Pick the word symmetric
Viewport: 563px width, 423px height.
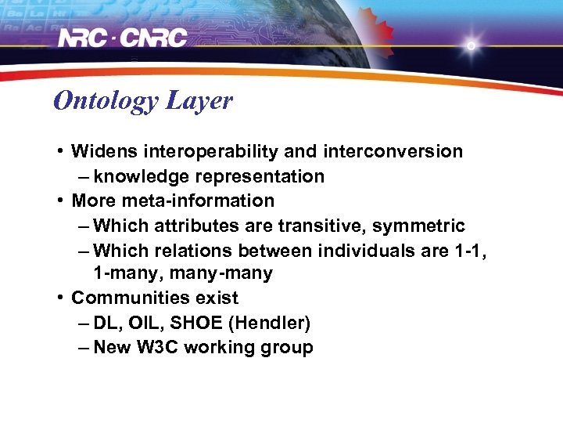[x=418, y=226]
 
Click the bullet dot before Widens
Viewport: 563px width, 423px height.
[x=60, y=151]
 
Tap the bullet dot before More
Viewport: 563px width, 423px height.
[x=60, y=201]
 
